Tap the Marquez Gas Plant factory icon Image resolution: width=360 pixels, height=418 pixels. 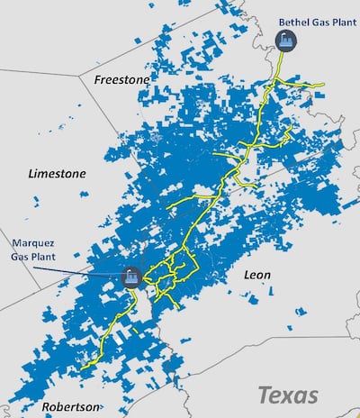131,278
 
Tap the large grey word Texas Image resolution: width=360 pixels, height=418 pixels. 288,395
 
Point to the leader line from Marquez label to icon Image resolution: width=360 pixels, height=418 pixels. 90,269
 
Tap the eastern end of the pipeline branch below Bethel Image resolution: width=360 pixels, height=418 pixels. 323,85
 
